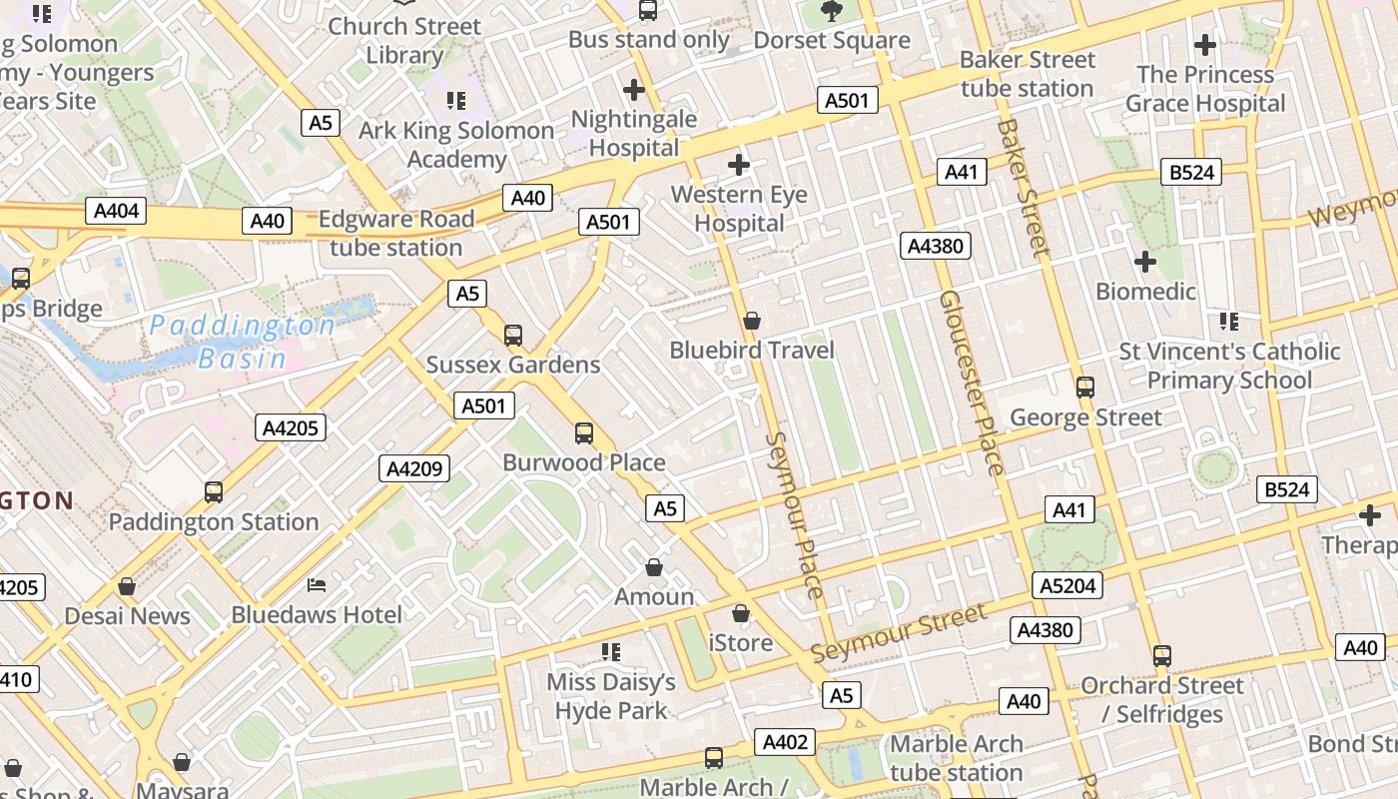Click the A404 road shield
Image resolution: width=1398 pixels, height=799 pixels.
116,211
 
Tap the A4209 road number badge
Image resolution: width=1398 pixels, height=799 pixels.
414,468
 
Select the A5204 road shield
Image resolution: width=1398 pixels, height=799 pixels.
1067,585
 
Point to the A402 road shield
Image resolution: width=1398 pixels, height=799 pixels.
785,742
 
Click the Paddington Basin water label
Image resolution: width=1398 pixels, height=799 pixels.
243,342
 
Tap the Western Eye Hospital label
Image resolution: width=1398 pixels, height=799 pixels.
739,209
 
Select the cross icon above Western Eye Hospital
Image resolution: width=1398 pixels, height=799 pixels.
739,165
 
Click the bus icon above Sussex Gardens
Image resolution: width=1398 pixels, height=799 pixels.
513,336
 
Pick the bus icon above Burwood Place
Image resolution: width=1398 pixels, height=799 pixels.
584,433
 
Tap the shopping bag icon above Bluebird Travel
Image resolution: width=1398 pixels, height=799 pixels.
752,321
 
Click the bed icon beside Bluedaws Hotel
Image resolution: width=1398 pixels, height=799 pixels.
317,584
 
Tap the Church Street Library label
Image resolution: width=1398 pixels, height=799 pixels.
404,40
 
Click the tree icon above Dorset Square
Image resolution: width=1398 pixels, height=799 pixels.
831,12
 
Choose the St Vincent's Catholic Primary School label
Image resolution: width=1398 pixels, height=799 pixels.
1229,366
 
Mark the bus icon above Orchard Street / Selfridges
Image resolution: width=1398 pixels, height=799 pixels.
1162,656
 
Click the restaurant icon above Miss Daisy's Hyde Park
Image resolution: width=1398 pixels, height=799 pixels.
611,652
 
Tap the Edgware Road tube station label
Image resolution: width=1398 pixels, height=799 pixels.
396,233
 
